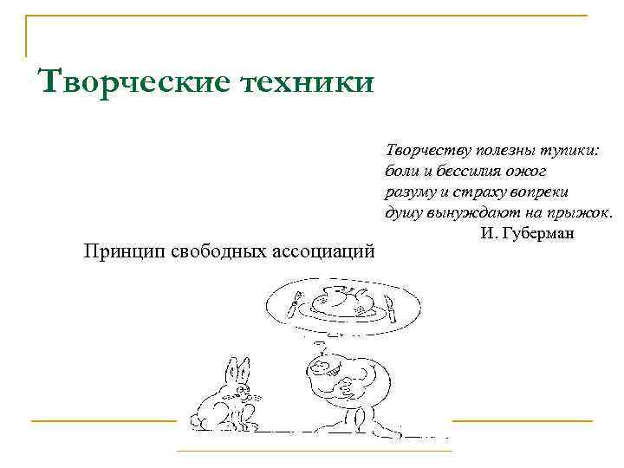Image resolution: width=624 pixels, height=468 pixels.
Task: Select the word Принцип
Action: (x=121, y=251)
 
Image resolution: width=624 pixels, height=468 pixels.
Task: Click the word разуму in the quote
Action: (x=406, y=191)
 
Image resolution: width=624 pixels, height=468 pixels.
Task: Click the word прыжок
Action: (x=580, y=212)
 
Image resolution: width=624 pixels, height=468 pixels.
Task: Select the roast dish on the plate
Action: (x=341, y=301)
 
